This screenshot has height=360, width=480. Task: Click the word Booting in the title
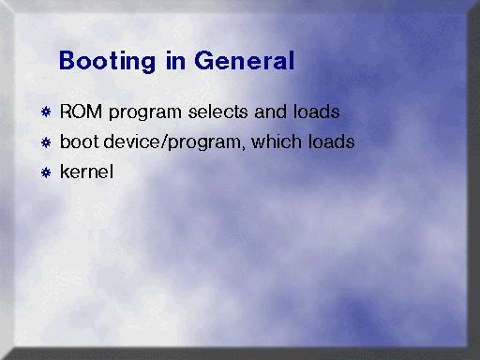pyautogui.click(x=107, y=62)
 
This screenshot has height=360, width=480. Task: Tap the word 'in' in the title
pyautogui.click(x=175, y=60)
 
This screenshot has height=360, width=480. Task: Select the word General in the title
pyautogui.click(x=245, y=60)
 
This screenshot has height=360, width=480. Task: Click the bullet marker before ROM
pyautogui.click(x=46, y=112)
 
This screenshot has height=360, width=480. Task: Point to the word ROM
pyautogui.click(x=81, y=112)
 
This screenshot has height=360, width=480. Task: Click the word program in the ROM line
pyautogui.click(x=145, y=113)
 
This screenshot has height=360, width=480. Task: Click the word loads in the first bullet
pyautogui.click(x=316, y=112)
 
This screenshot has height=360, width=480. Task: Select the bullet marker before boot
pyautogui.click(x=46, y=142)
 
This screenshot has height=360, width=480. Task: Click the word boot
pyautogui.click(x=79, y=142)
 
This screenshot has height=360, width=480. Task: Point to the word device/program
pyautogui.click(x=173, y=142)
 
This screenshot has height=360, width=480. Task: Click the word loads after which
pyautogui.click(x=331, y=142)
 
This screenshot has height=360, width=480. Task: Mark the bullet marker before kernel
pyautogui.click(x=46, y=172)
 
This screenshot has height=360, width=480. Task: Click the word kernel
pyautogui.click(x=86, y=172)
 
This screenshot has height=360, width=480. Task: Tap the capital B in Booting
pyautogui.click(x=67, y=60)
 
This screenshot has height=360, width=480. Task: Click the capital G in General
pyautogui.click(x=204, y=60)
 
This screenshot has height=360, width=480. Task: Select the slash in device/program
pyautogui.click(x=164, y=142)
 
